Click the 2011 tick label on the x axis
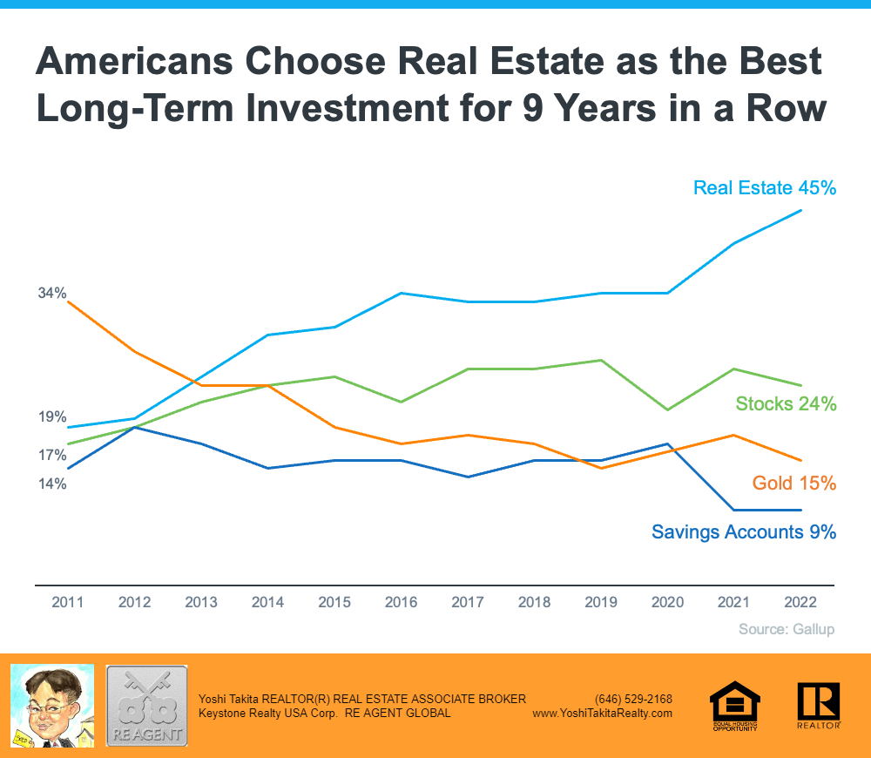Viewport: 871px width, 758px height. [x=68, y=602]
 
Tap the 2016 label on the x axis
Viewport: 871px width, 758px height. [x=401, y=602]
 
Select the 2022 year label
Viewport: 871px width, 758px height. [x=800, y=602]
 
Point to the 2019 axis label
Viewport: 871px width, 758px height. [x=601, y=602]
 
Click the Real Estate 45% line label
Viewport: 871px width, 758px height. [x=764, y=187]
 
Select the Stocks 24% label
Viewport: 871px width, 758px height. [x=786, y=403]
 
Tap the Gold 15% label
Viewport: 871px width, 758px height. [x=794, y=483]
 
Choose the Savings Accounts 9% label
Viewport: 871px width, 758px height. [x=744, y=531]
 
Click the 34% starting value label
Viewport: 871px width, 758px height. [x=52, y=294]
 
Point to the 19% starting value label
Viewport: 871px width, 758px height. [x=52, y=417]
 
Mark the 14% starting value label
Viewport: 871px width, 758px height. [x=52, y=484]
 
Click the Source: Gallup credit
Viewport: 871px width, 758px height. [x=786, y=628]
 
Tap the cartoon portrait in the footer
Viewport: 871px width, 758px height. [x=51, y=706]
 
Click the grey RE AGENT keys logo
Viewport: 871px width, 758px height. [x=146, y=706]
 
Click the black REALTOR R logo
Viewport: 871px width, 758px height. [x=818, y=705]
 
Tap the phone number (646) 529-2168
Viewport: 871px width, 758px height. [x=633, y=699]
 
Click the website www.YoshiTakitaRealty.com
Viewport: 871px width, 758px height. [x=602, y=713]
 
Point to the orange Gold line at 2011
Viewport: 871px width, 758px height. [x=68, y=301]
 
